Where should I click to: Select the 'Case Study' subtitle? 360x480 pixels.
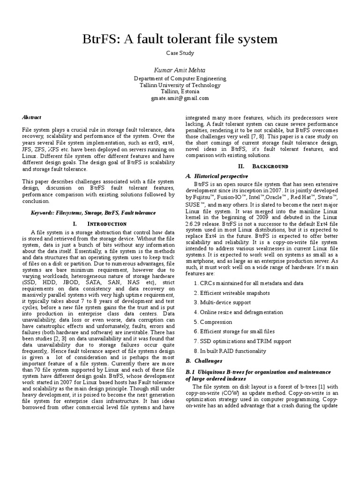[180, 53]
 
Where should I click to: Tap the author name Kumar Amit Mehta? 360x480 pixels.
[180, 70]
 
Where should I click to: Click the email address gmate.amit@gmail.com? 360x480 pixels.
[180, 98]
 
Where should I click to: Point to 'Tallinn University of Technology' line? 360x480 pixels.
[180, 85]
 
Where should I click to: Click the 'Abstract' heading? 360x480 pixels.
[32, 117]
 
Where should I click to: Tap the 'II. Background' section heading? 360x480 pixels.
[263, 166]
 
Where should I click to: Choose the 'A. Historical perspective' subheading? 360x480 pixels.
[217, 176]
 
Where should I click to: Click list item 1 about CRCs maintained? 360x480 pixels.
[248, 283]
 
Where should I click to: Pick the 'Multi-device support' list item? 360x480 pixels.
[222, 302]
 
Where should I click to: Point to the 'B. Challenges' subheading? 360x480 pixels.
[204, 361]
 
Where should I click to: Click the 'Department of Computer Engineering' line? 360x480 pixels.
[180, 79]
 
